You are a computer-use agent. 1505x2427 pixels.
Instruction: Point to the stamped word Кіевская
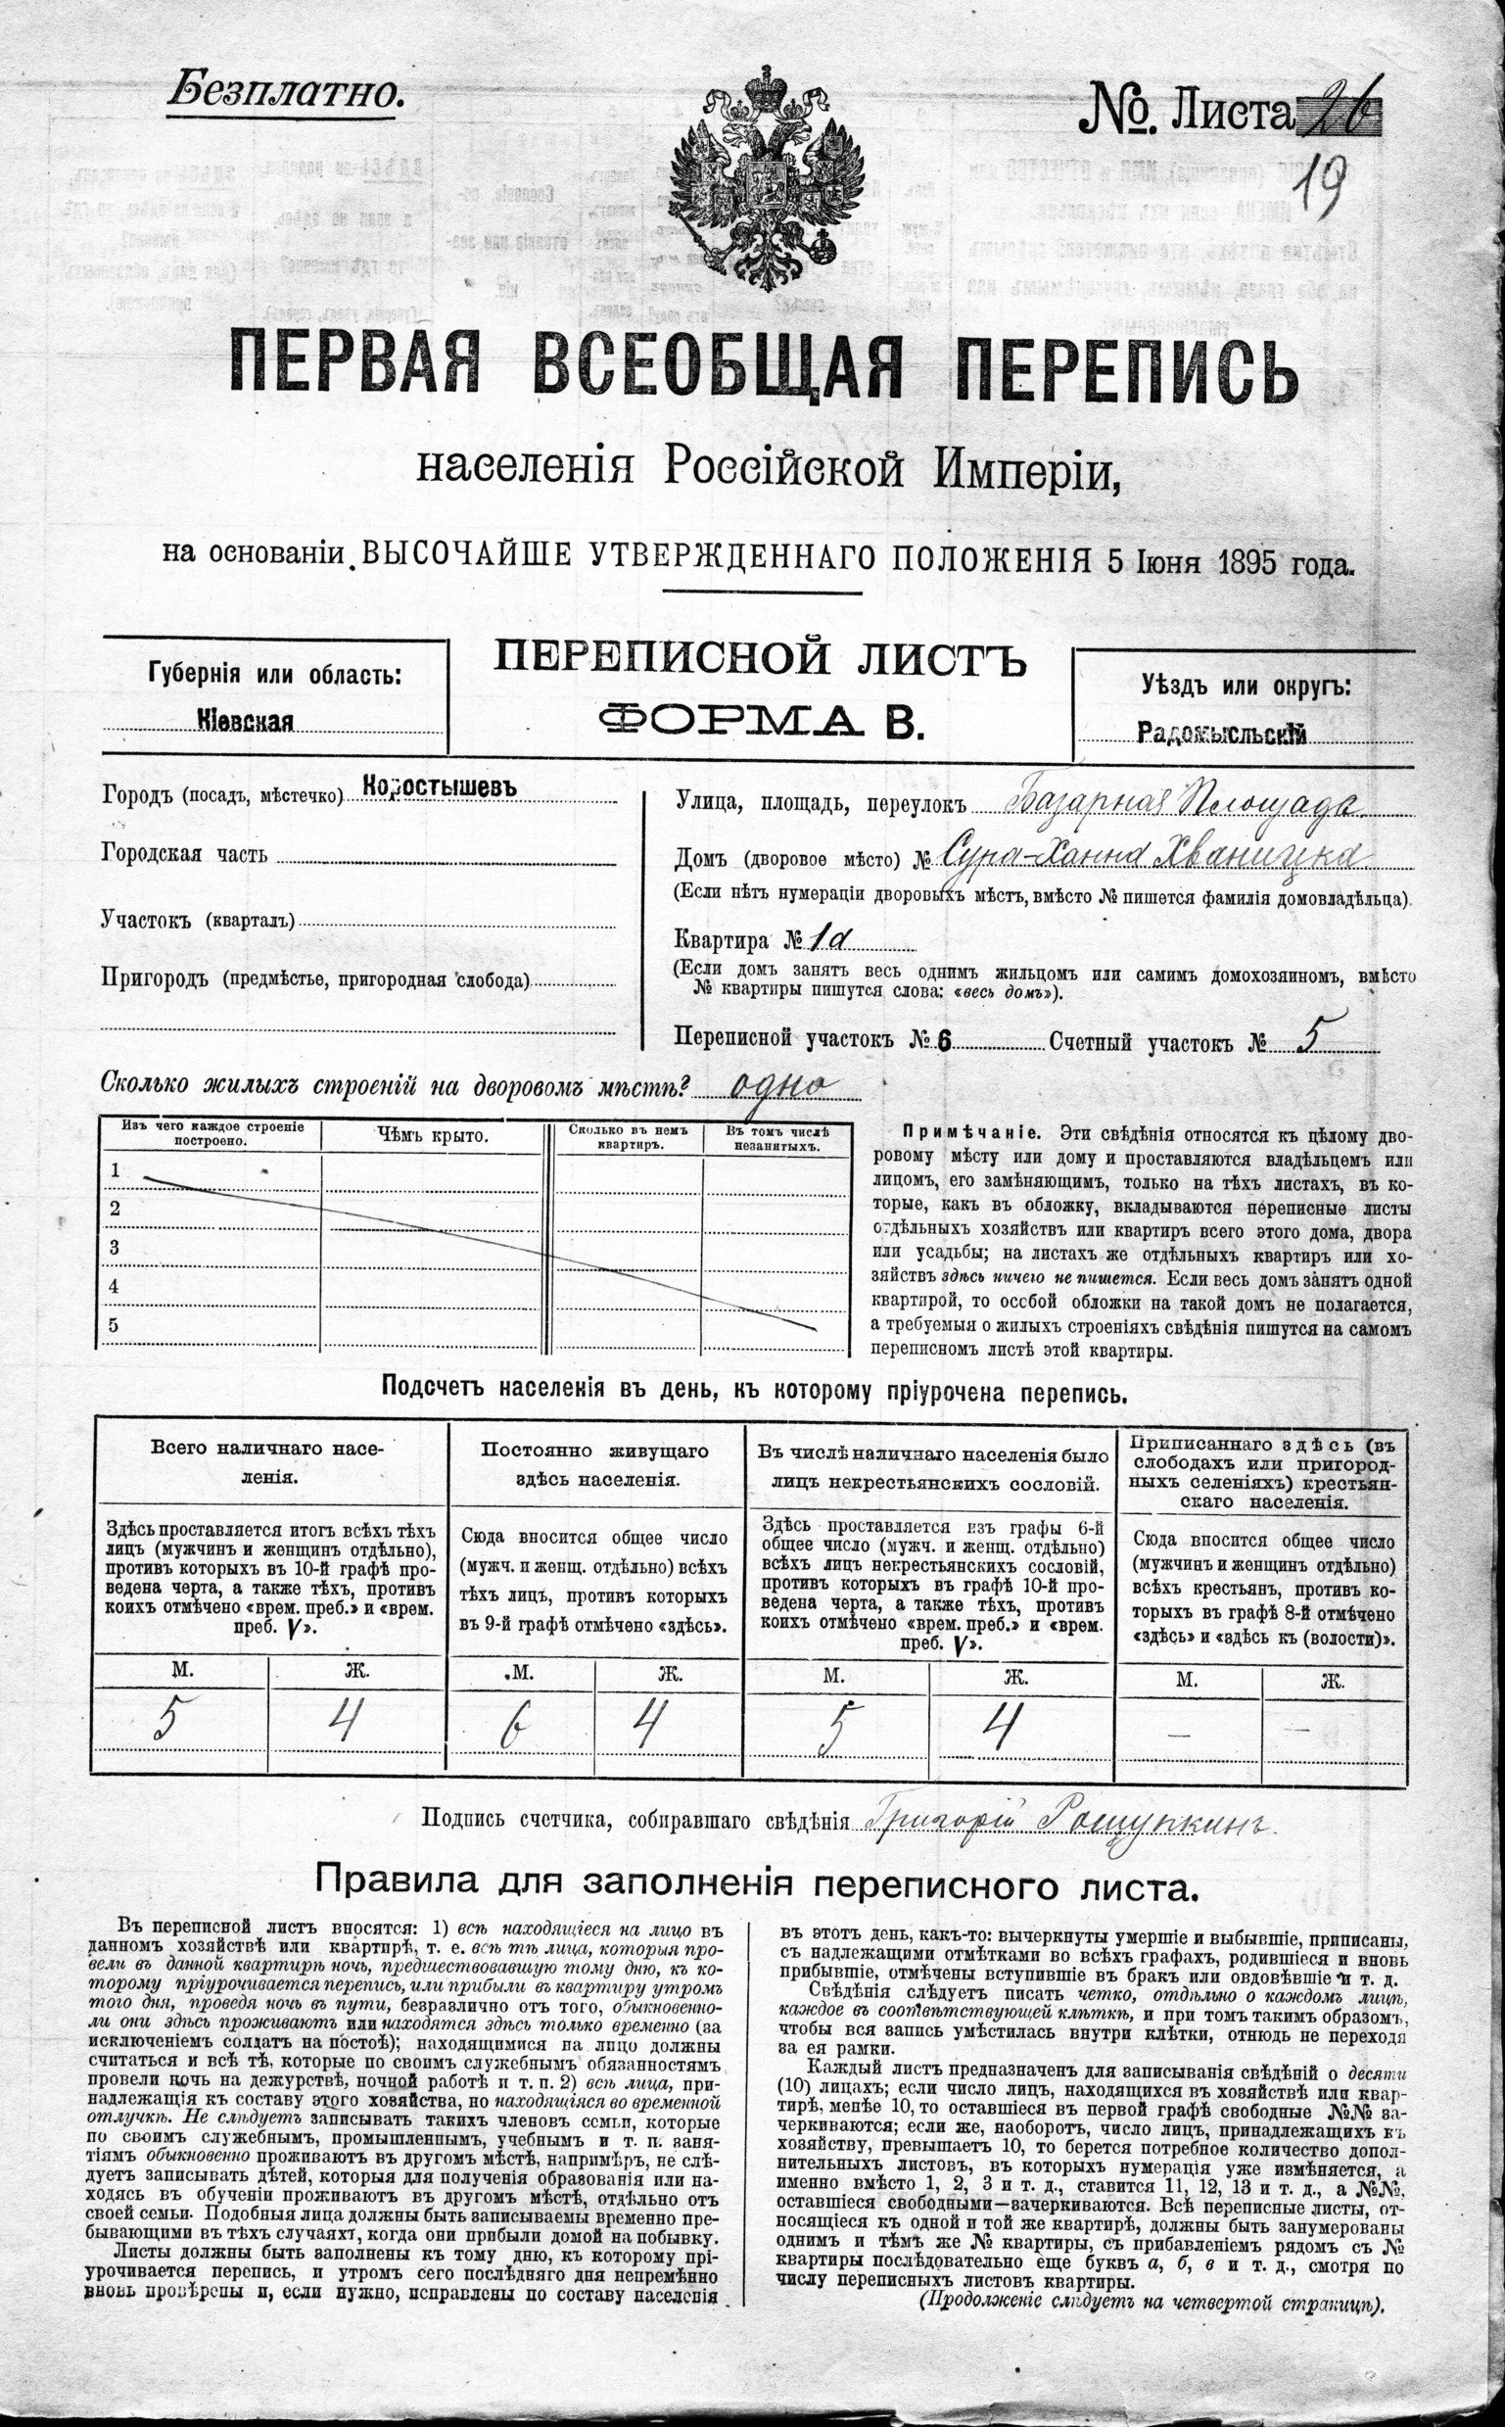(x=246, y=722)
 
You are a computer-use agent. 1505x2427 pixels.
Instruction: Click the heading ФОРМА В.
(x=761, y=719)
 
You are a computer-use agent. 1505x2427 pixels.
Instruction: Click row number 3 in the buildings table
(x=115, y=1248)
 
